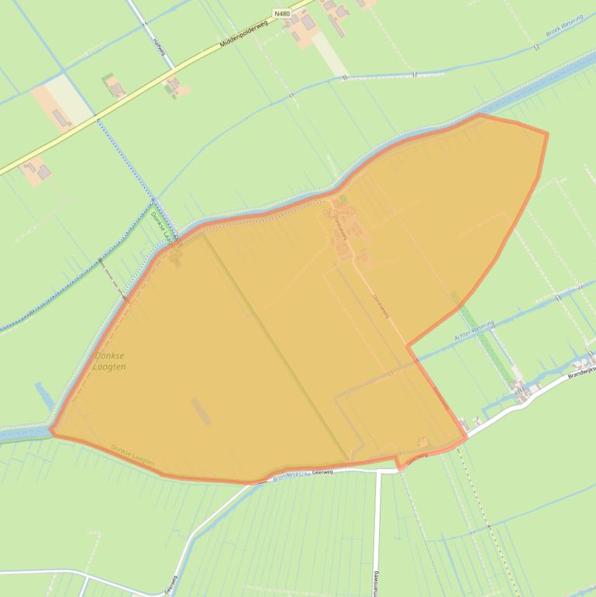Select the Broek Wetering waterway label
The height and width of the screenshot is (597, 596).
tap(564, 29)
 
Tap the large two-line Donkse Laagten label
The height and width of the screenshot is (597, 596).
tap(109, 361)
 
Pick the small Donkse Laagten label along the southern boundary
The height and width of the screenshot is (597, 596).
tap(133, 455)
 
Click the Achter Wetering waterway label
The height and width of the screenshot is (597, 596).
tap(474, 333)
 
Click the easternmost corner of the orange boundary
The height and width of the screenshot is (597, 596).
tap(548, 133)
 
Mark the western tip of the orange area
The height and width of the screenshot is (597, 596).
tap(50, 431)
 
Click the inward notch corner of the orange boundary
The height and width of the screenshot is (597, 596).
tap(408, 343)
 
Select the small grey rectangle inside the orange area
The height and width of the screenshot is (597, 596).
tap(200, 411)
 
